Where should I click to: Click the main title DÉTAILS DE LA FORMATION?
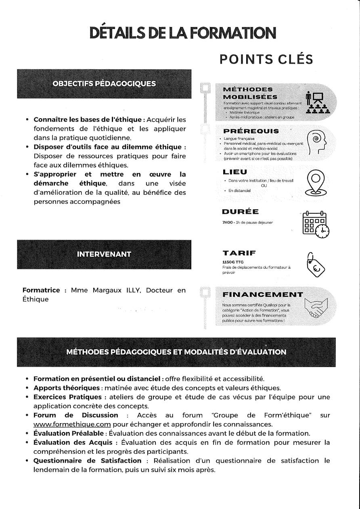click(183, 33)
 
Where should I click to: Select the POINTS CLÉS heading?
click(266, 59)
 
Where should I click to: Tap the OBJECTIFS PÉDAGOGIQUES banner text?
click(104, 84)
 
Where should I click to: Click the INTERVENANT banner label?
click(104, 254)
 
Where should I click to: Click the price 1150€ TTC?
click(230, 262)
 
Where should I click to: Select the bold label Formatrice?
click(41, 290)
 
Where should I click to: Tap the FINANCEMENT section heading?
click(263, 294)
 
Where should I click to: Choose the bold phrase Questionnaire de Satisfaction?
click(87, 461)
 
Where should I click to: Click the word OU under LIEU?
click(264, 186)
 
